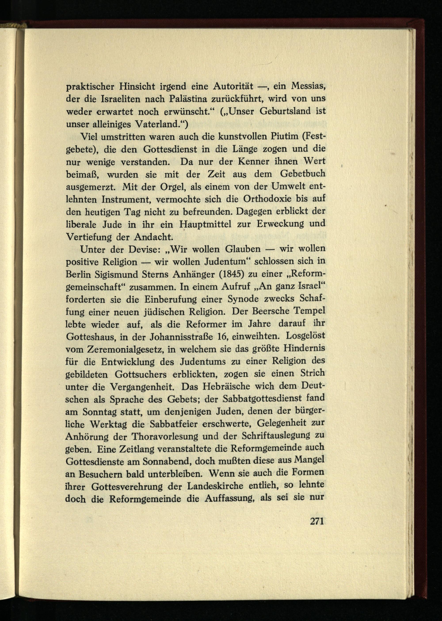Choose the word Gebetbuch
point(303,174)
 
